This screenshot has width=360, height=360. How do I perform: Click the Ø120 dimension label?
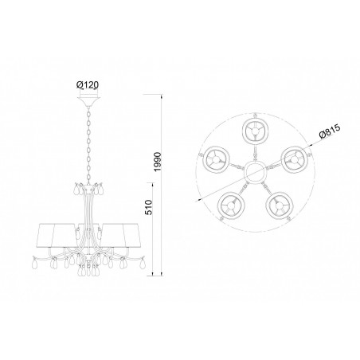pyautogui.click(x=88, y=85)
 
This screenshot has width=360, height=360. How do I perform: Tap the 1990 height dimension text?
pyautogui.click(x=158, y=162)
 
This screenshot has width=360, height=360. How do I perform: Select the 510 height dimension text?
pyautogui.click(x=148, y=207)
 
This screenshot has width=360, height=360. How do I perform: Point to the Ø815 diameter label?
pyautogui.click(x=330, y=131)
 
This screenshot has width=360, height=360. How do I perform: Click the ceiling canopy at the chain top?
pyautogui.click(x=88, y=102)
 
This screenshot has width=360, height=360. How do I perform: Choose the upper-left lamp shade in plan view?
pyautogui.click(x=217, y=159)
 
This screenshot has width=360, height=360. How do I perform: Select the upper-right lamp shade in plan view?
pyautogui.click(x=294, y=159)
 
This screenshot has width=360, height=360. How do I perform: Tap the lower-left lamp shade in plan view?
pyautogui.click(x=231, y=205)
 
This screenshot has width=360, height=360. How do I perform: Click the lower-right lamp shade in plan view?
pyautogui.click(x=280, y=205)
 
